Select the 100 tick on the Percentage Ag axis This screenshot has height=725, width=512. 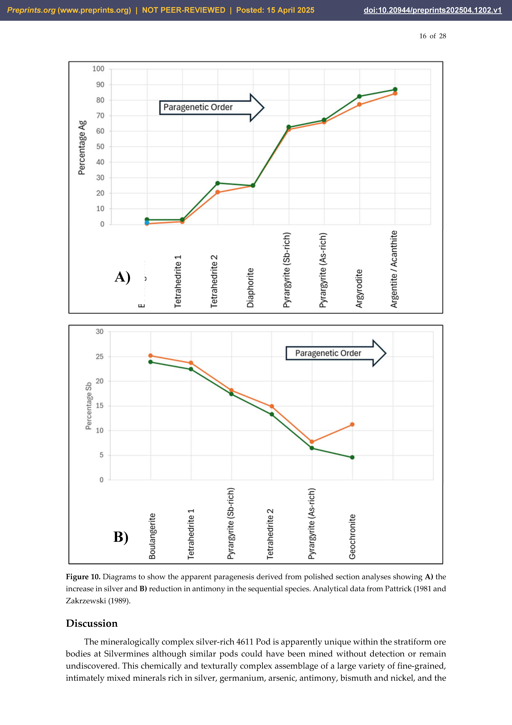[98, 69]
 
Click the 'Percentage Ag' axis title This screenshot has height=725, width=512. [82, 147]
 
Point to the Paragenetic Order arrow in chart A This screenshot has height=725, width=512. [211, 107]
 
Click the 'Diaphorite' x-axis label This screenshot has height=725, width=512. [250, 288]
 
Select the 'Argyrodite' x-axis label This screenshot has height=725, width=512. [359, 288]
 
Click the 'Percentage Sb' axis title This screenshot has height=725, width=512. [89, 406]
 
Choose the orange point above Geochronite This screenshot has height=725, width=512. [352, 424]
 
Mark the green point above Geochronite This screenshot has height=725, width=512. [352, 457]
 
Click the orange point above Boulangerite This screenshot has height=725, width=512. [150, 356]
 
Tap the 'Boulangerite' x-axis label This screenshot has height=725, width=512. [152, 536]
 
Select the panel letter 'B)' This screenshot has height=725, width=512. [121, 537]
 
